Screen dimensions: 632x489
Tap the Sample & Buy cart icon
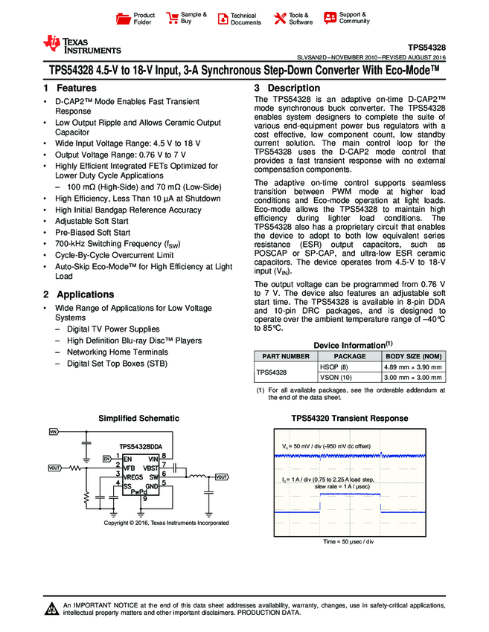(x=173, y=18)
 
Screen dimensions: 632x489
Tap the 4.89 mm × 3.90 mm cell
(x=412, y=367)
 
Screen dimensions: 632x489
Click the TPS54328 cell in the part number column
(x=272, y=372)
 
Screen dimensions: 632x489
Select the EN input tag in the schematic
(x=106, y=459)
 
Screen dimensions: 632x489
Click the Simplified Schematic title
(x=139, y=419)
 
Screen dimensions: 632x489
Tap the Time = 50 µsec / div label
(x=348, y=541)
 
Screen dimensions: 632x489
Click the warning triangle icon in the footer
(x=52, y=610)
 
